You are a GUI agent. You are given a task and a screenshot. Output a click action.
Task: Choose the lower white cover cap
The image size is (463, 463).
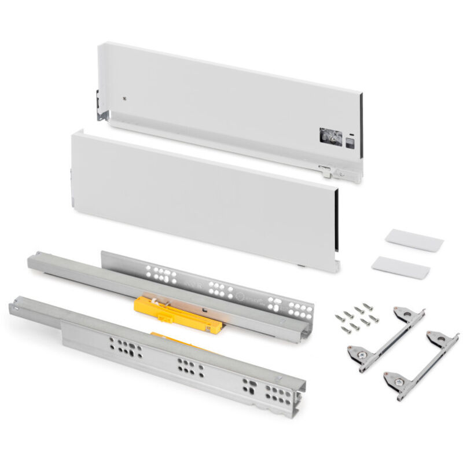[x=401, y=266]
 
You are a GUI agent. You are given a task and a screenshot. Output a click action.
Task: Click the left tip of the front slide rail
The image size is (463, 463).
[x=15, y=304]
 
